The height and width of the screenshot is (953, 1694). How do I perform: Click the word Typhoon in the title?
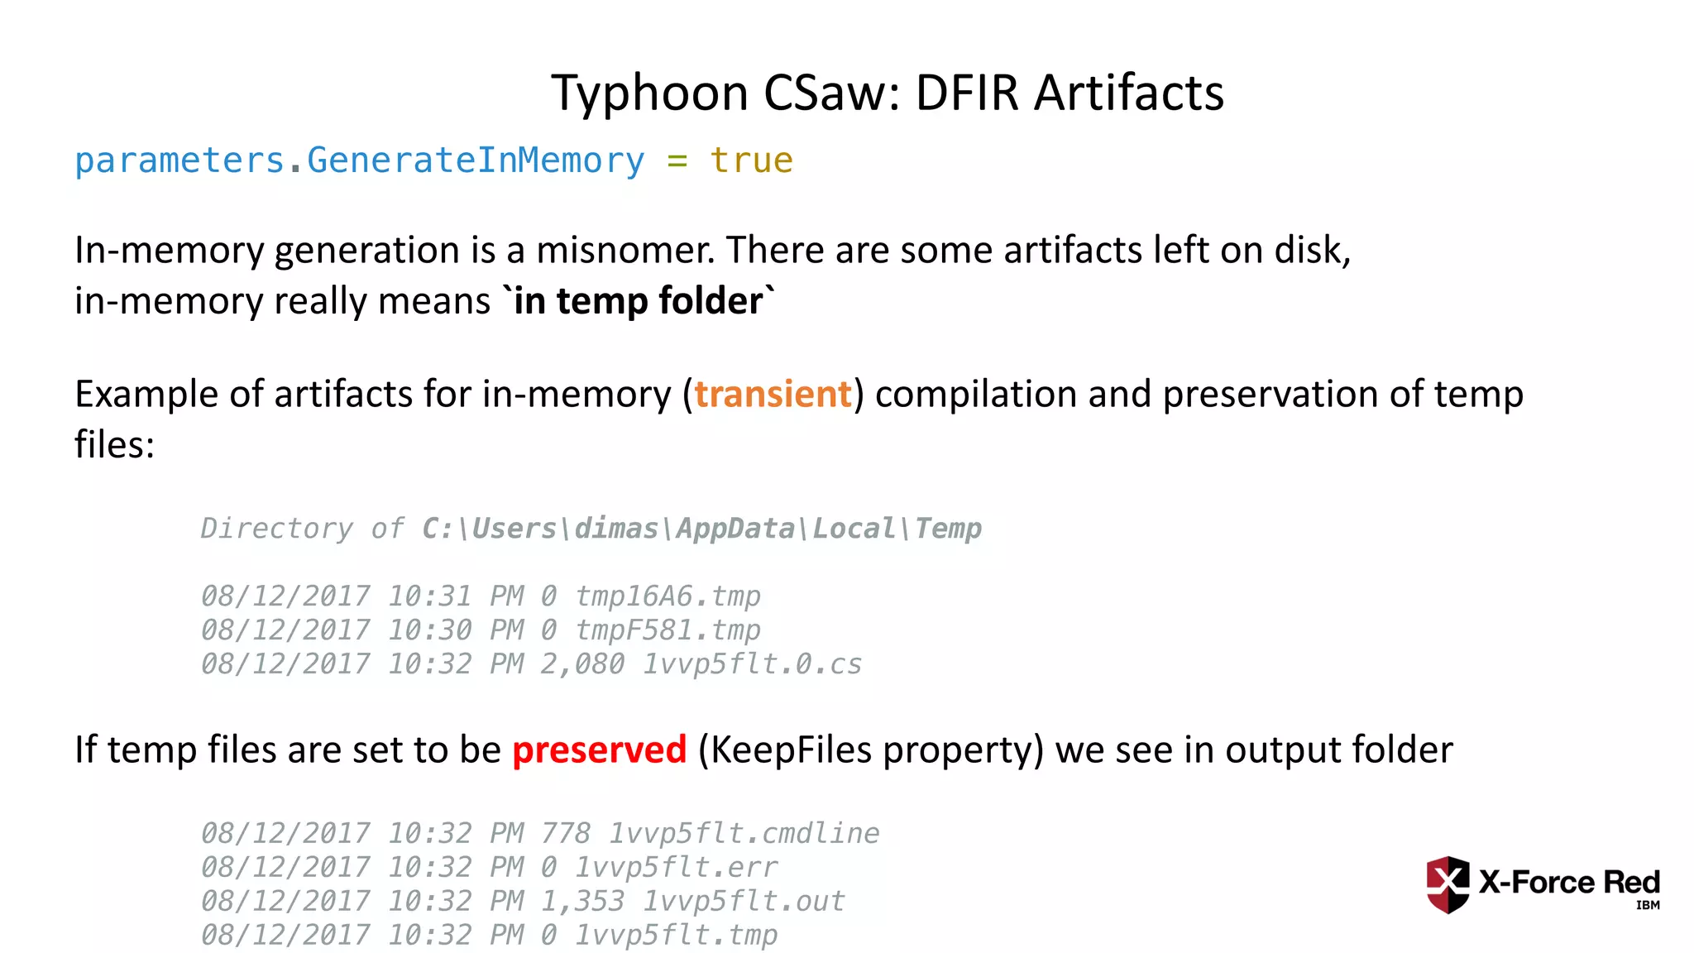tap(649, 93)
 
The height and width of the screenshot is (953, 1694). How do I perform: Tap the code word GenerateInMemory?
tap(476, 160)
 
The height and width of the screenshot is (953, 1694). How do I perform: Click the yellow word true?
tap(751, 160)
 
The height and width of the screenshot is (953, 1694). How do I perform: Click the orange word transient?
tap(773, 394)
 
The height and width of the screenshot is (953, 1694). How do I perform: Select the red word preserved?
tap(600, 749)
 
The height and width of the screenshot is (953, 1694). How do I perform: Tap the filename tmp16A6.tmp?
tap(668, 596)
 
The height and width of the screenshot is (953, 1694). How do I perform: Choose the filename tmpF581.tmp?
tap(668, 630)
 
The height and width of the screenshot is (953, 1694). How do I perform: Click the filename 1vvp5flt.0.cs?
tap(752, 663)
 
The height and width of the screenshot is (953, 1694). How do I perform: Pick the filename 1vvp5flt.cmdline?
tap(744, 833)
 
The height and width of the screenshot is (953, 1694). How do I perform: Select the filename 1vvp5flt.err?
tap(676, 867)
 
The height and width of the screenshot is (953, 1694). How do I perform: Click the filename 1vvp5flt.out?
tap(744, 901)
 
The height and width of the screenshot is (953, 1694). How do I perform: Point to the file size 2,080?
tap(582, 663)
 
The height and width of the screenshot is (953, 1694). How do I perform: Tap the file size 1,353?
tap(582, 901)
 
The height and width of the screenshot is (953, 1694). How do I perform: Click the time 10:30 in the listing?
tap(430, 630)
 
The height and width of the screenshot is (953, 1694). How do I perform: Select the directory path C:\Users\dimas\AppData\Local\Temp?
tap(701, 528)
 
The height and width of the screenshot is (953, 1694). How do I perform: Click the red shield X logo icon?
tap(1448, 884)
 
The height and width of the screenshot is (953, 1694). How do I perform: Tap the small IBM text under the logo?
tap(1648, 905)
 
